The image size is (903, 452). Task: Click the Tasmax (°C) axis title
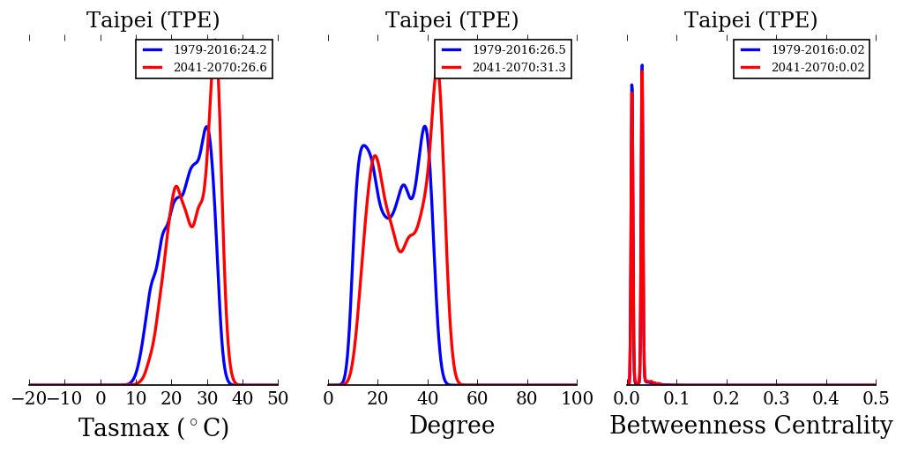coord(153,428)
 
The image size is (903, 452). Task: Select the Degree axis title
coord(451,426)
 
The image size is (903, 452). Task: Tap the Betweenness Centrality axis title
coord(750,426)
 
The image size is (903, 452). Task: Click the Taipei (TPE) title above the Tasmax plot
coord(153,21)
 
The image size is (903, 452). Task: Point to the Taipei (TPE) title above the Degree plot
coord(451,21)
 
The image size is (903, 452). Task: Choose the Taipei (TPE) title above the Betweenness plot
coord(750,21)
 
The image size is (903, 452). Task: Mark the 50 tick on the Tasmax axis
coord(278,399)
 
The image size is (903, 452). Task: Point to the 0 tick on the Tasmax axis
coord(101,399)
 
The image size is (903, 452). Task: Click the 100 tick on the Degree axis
coord(577,399)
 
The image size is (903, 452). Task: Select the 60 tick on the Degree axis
coord(477,399)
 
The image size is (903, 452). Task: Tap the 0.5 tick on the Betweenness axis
coord(876,399)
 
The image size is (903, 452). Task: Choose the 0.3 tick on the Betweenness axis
coord(776,399)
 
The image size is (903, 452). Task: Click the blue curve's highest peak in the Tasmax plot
coord(206,127)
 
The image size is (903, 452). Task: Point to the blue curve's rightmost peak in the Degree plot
coord(425,126)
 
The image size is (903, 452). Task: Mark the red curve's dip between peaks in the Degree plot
coord(400,252)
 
